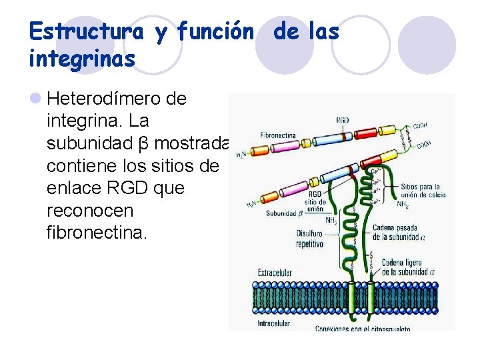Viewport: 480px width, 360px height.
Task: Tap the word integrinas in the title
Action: pyautogui.click(x=82, y=59)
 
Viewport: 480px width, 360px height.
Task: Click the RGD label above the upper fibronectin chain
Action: pyautogui.click(x=343, y=120)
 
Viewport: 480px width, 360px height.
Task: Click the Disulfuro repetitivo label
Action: pyautogui.click(x=309, y=239)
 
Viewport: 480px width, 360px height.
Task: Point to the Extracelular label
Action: pyautogui.click(x=275, y=273)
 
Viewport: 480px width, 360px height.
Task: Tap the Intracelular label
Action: pyautogui.click(x=273, y=325)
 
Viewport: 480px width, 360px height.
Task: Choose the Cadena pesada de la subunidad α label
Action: pyautogui.click(x=396, y=233)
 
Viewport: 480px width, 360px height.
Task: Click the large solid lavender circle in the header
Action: pyautogui.click(x=427, y=45)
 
